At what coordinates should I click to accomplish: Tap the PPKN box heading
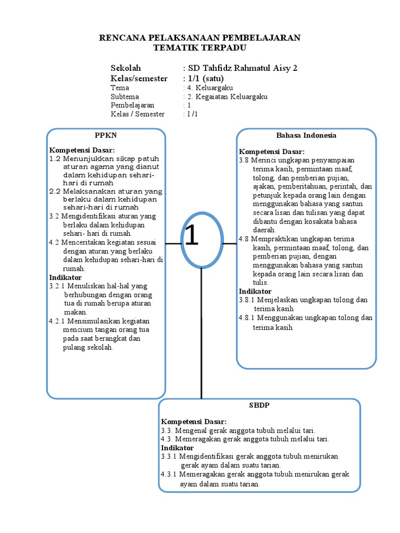click(x=106, y=135)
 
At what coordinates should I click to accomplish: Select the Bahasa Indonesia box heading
click(x=306, y=135)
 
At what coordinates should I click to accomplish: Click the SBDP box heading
click(x=259, y=404)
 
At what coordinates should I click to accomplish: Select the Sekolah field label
click(x=126, y=68)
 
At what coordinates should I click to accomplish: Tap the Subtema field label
click(x=124, y=96)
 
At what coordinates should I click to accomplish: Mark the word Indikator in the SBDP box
click(x=177, y=448)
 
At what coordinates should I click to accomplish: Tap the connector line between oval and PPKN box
click(x=173, y=243)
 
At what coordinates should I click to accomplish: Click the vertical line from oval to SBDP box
click(x=202, y=333)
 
